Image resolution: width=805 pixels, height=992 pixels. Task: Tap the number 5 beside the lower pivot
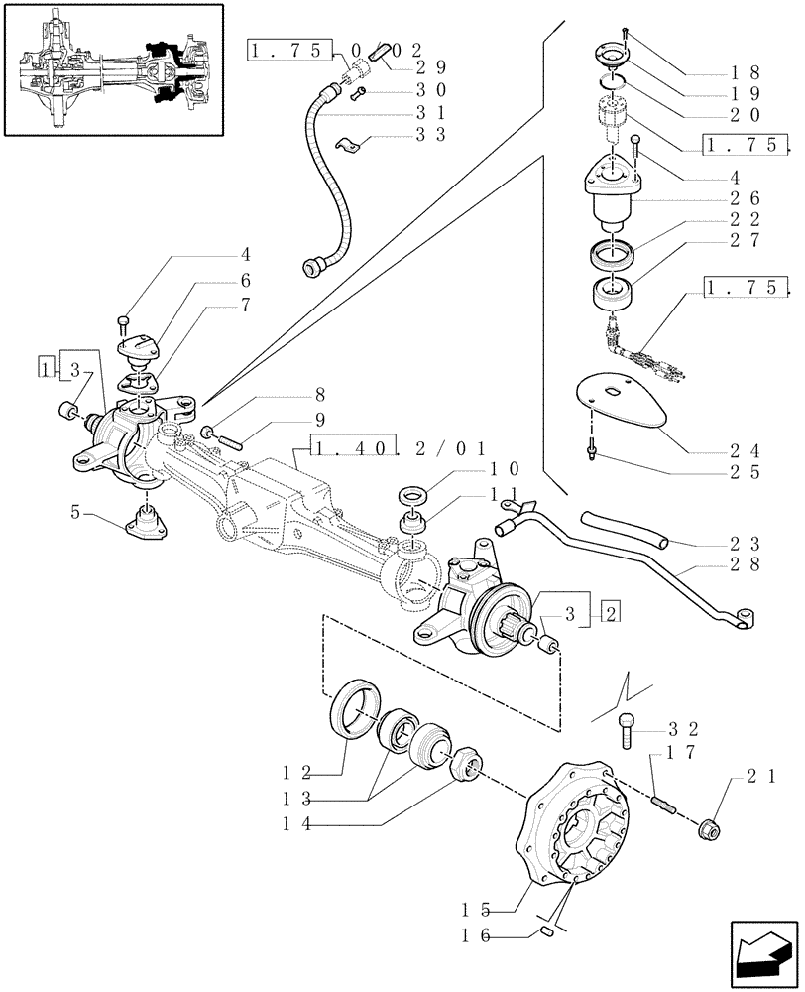tap(75, 512)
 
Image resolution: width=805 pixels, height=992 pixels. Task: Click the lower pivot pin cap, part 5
tap(146, 520)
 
